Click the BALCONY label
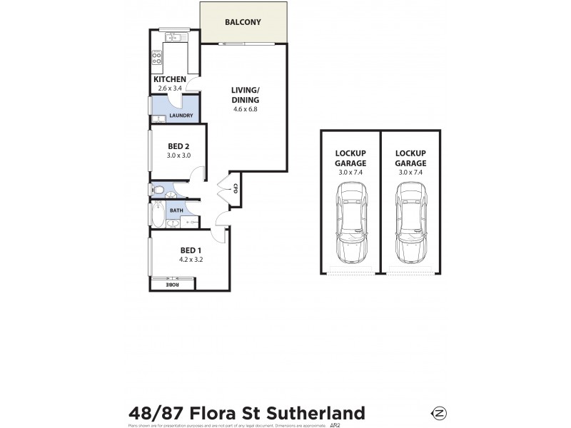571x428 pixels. [243, 22]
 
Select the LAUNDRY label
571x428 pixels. [181, 115]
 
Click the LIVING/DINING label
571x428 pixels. [245, 95]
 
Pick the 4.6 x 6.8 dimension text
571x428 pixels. [245, 109]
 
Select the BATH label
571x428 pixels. [175, 210]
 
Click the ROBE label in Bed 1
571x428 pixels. [172, 285]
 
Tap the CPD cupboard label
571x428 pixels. [235, 188]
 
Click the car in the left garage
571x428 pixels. [350, 222]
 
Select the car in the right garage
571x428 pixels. [410, 222]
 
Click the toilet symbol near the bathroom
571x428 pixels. [160, 190]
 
